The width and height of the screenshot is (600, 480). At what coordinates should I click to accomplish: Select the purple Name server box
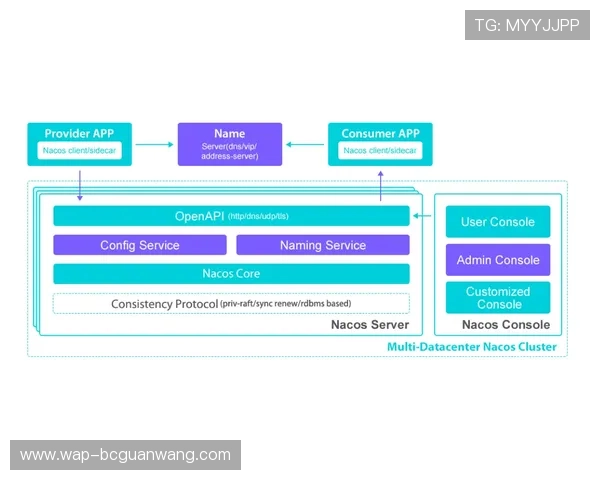(x=230, y=144)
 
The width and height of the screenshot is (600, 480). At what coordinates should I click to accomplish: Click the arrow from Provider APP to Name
(x=155, y=144)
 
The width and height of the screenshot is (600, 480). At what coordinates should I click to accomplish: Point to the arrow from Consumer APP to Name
(x=305, y=144)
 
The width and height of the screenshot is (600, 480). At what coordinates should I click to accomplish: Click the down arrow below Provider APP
(x=79, y=185)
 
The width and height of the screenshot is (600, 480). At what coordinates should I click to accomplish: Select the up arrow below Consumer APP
(x=381, y=185)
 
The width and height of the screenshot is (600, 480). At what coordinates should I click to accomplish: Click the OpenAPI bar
(x=231, y=216)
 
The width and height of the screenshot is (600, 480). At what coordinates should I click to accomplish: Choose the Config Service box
(x=140, y=245)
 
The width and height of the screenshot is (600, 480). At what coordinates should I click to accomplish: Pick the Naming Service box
(x=323, y=245)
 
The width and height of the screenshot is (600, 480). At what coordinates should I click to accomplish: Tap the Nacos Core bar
(x=231, y=274)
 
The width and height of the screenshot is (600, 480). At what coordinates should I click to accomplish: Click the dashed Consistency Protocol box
(x=231, y=303)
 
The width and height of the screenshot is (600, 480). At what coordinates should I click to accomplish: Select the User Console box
(x=498, y=222)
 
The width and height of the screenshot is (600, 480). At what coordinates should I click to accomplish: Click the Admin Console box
(x=498, y=260)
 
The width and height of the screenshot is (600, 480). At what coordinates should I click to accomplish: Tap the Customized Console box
(x=498, y=298)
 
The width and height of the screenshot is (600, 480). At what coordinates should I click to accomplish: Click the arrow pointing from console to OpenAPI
(x=425, y=216)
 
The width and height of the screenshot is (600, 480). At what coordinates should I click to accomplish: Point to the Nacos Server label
(x=370, y=325)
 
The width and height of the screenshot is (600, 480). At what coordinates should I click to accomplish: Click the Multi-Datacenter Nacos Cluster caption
(x=472, y=347)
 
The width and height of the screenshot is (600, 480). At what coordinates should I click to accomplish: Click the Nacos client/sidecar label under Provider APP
(x=80, y=151)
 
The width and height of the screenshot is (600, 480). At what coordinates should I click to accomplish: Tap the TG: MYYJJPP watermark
(x=527, y=25)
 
